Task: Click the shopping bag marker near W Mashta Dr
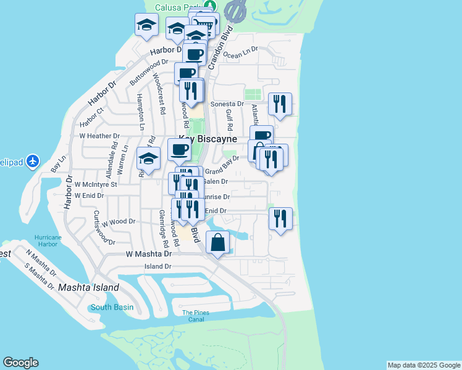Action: [x=218, y=242]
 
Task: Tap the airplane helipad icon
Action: [x=33, y=162]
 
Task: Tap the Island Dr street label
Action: [x=157, y=266]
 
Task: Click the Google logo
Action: [x=20, y=363]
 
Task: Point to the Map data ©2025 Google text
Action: [x=423, y=365]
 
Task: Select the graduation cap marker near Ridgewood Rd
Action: [x=148, y=159]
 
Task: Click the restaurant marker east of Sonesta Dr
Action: [x=280, y=104]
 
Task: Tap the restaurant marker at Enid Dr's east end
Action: [x=280, y=219]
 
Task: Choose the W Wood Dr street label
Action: [x=119, y=221]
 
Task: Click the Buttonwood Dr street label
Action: [x=149, y=72]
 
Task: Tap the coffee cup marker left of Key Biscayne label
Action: [x=180, y=150]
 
